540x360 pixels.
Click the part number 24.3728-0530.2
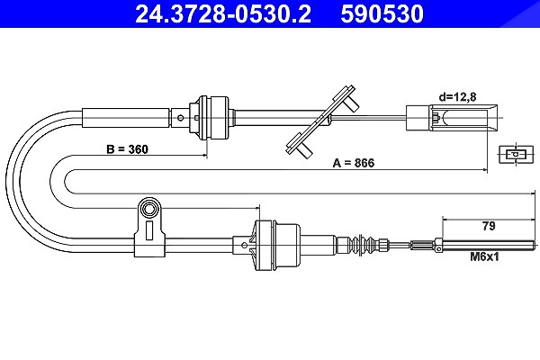pyautogui.click(x=223, y=13)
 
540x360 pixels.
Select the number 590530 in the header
pyautogui.click(x=382, y=13)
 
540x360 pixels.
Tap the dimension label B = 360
pyautogui.click(x=127, y=149)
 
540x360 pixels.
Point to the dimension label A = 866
pyautogui.click(x=354, y=163)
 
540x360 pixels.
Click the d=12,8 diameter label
pyautogui.click(x=457, y=97)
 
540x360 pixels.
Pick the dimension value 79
pyautogui.click(x=489, y=226)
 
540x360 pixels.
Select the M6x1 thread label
pyautogui.click(x=484, y=256)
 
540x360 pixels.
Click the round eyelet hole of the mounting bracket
pyautogui.click(x=149, y=209)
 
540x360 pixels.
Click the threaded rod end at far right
pyautogui.click(x=489, y=246)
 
